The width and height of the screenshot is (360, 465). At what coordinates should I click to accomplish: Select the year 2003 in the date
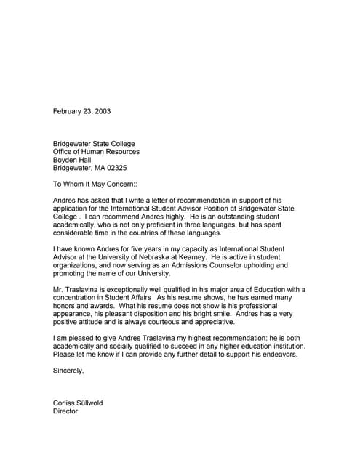tap(102, 111)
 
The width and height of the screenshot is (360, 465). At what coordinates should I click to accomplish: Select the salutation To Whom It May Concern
tap(94, 185)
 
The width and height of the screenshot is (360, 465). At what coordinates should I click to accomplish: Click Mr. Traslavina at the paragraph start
tap(77, 290)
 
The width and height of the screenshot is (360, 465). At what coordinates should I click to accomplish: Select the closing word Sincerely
tap(68, 371)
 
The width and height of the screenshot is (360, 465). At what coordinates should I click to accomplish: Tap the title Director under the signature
tap(65, 411)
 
